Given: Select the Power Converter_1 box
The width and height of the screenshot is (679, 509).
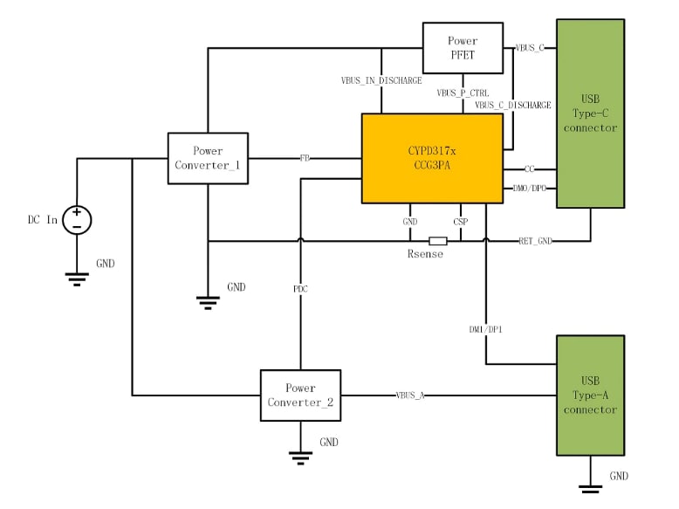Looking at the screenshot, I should tap(208, 158).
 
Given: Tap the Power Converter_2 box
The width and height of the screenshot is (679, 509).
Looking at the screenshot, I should tap(300, 395).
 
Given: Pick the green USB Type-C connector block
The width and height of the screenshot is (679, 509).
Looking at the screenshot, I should tap(591, 114).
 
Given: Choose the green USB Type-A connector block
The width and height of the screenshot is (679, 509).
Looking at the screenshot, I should tap(591, 395).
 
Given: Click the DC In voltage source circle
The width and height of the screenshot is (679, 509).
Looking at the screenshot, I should tap(77, 220).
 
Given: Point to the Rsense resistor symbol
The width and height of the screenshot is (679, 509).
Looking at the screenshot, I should tap(438, 241).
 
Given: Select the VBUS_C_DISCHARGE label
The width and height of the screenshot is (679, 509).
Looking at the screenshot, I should tap(513, 105).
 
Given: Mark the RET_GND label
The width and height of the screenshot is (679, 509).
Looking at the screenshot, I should tap(537, 240).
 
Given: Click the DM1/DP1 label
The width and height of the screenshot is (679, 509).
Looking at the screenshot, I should tap(485, 329).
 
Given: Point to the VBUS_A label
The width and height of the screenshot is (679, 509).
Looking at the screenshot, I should tap(409, 396).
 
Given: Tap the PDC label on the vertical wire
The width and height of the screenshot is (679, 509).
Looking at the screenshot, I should tap(300, 288).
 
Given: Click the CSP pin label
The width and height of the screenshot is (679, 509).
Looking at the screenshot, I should tap(460, 222).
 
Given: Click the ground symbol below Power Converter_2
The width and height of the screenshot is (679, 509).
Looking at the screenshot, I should tap(300, 453).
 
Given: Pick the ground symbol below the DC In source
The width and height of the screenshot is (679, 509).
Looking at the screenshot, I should tap(77, 278).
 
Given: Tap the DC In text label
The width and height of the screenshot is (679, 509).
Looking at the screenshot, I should tap(42, 220).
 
